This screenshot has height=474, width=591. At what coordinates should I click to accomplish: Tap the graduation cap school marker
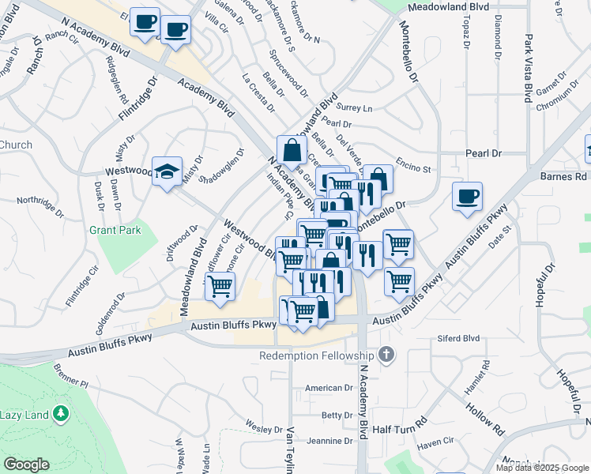(168, 172)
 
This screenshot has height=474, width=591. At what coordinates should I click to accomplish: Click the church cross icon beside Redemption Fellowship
(386, 355)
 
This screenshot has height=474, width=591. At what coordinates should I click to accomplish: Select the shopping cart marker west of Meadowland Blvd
(220, 287)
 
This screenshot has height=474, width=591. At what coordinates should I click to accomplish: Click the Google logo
(26, 464)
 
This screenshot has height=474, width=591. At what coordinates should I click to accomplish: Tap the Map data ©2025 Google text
(542, 468)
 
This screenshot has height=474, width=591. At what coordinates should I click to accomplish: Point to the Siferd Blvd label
(458, 338)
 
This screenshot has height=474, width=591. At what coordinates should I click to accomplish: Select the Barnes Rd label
(563, 177)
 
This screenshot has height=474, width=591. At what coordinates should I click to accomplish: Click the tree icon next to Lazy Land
(60, 414)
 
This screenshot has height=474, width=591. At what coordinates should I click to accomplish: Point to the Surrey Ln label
(353, 108)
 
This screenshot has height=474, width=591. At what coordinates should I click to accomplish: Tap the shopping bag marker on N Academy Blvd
(292, 150)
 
